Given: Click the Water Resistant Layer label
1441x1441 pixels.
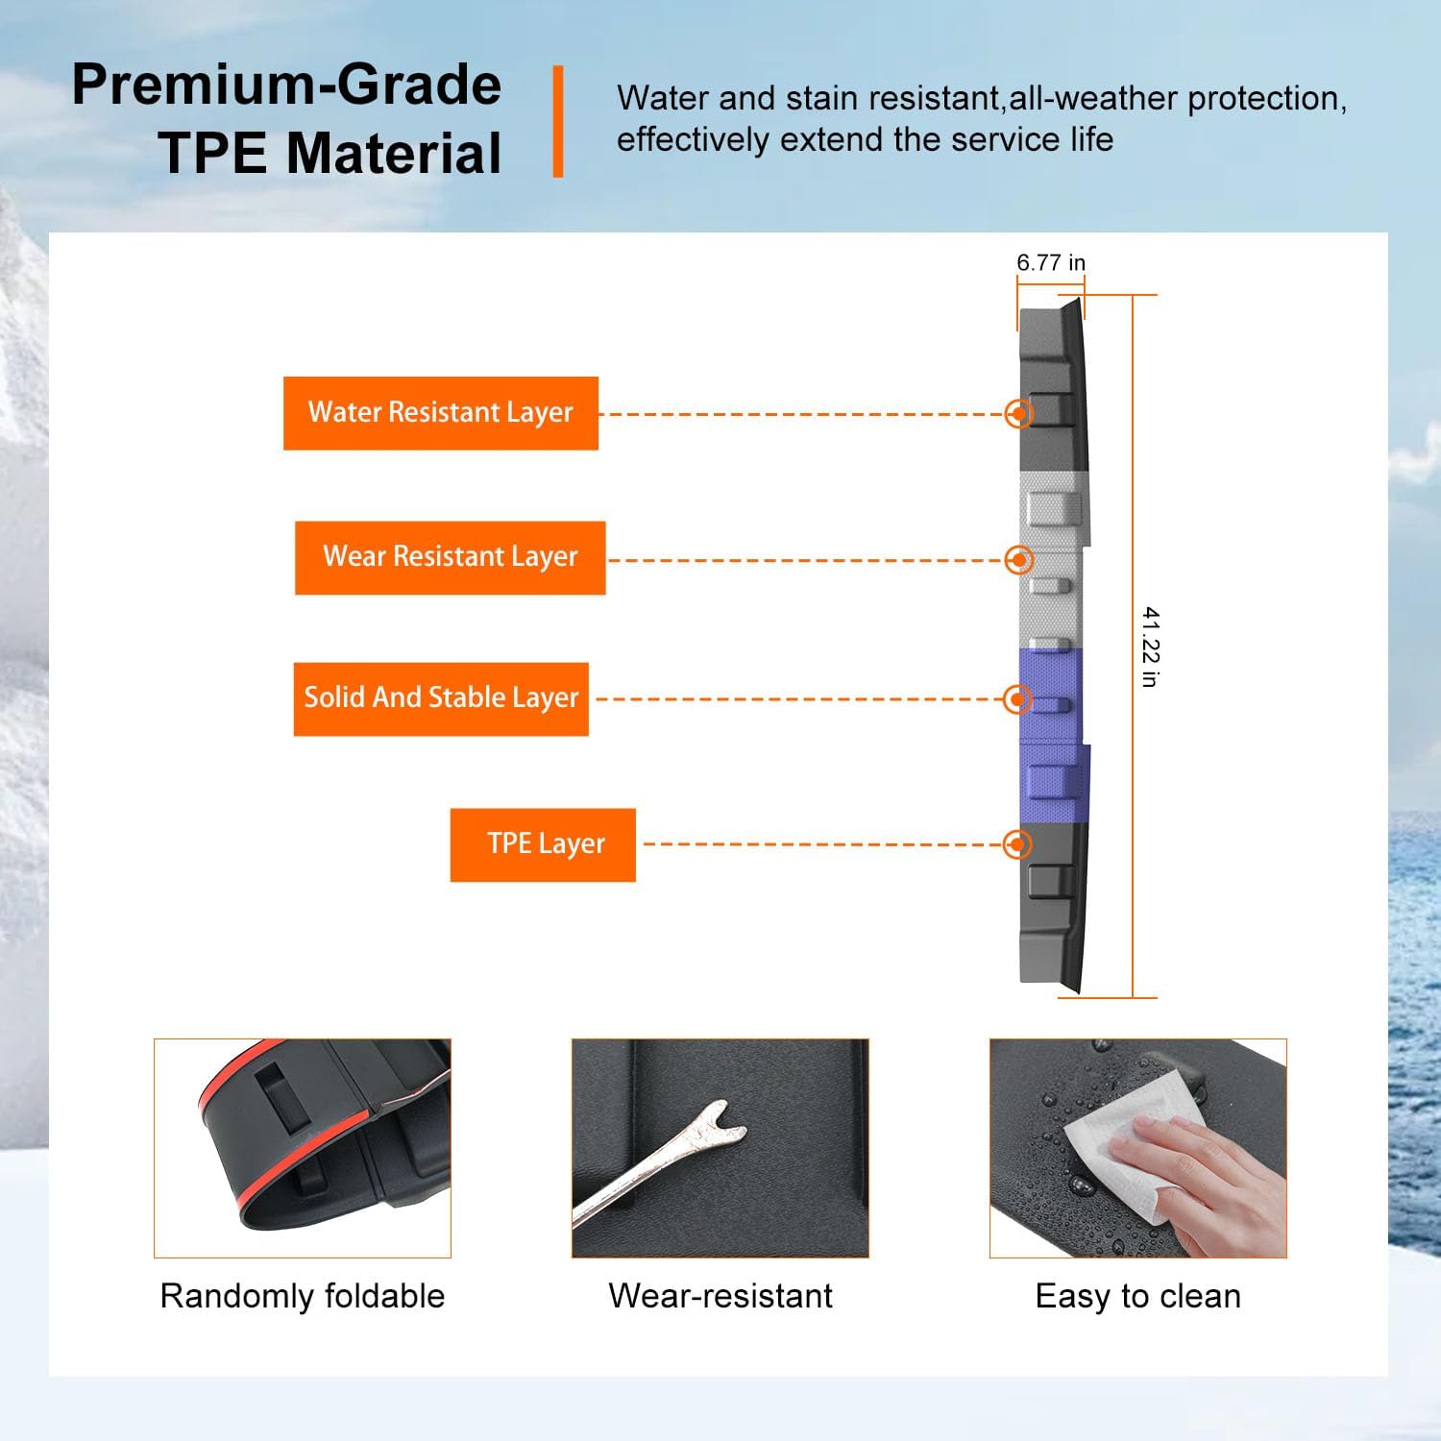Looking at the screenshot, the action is (441, 413).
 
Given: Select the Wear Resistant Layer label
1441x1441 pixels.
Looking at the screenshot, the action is (450, 557).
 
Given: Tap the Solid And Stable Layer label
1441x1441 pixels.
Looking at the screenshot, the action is (441, 698).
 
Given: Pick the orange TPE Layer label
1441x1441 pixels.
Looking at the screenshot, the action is (543, 844).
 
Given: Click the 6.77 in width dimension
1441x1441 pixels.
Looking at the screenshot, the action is (1051, 262).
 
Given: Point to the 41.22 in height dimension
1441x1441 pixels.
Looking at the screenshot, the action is (1150, 647).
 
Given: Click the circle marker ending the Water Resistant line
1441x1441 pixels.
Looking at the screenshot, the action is (1018, 413).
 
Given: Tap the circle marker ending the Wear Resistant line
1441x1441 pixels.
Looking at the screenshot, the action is (1018, 559).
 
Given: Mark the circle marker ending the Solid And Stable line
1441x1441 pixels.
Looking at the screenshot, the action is (1017, 699).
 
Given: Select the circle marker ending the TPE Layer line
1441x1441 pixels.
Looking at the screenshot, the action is (1017, 844).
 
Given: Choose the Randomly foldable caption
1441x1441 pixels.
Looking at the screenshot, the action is (303, 1296).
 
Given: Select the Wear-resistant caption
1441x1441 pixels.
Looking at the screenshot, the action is (720, 1296).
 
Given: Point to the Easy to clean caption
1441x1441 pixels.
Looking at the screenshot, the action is (1138, 1296).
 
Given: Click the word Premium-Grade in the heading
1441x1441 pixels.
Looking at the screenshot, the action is (286, 85).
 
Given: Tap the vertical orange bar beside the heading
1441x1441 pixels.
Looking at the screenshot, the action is (558, 121).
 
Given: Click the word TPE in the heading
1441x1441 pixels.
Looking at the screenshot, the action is (212, 153).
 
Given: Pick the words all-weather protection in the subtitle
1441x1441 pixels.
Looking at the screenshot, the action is (1178, 98).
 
